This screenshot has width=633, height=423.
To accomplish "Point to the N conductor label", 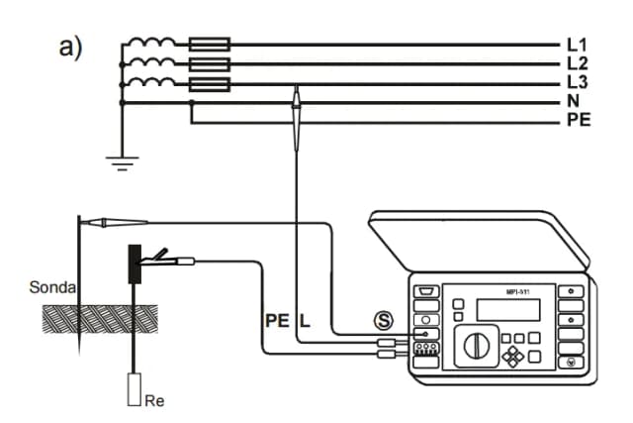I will [574, 102].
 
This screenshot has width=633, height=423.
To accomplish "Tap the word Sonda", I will [47, 288].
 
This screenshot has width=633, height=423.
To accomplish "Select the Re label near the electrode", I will [153, 401].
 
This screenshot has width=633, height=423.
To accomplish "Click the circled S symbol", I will [382, 320].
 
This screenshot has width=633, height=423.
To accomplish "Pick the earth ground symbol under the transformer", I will [123, 163].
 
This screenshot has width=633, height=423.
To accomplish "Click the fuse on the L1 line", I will [209, 45].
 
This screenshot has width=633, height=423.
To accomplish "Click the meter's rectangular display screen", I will [508, 308].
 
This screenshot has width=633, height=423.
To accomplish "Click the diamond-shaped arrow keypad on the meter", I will [513, 354].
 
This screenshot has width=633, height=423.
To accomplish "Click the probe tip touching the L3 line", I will [295, 95].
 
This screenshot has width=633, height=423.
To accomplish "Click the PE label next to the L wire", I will [277, 321].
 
